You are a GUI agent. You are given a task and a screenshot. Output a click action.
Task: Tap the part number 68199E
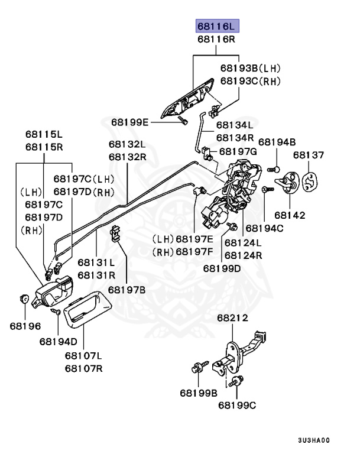[x=129, y=122]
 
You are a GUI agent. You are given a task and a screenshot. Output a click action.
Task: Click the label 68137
[x=309, y=155]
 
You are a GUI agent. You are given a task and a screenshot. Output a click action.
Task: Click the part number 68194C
[x=264, y=228]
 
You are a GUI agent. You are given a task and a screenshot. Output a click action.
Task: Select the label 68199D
[x=222, y=268]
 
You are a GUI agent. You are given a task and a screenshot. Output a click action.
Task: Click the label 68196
[x=24, y=325]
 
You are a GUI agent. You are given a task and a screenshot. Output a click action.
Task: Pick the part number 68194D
[x=59, y=341]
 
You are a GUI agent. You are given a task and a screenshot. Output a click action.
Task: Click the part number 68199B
[x=199, y=393]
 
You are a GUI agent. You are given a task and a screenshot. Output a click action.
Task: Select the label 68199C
[x=236, y=405]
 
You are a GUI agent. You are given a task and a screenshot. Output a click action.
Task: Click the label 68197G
[x=238, y=151]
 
